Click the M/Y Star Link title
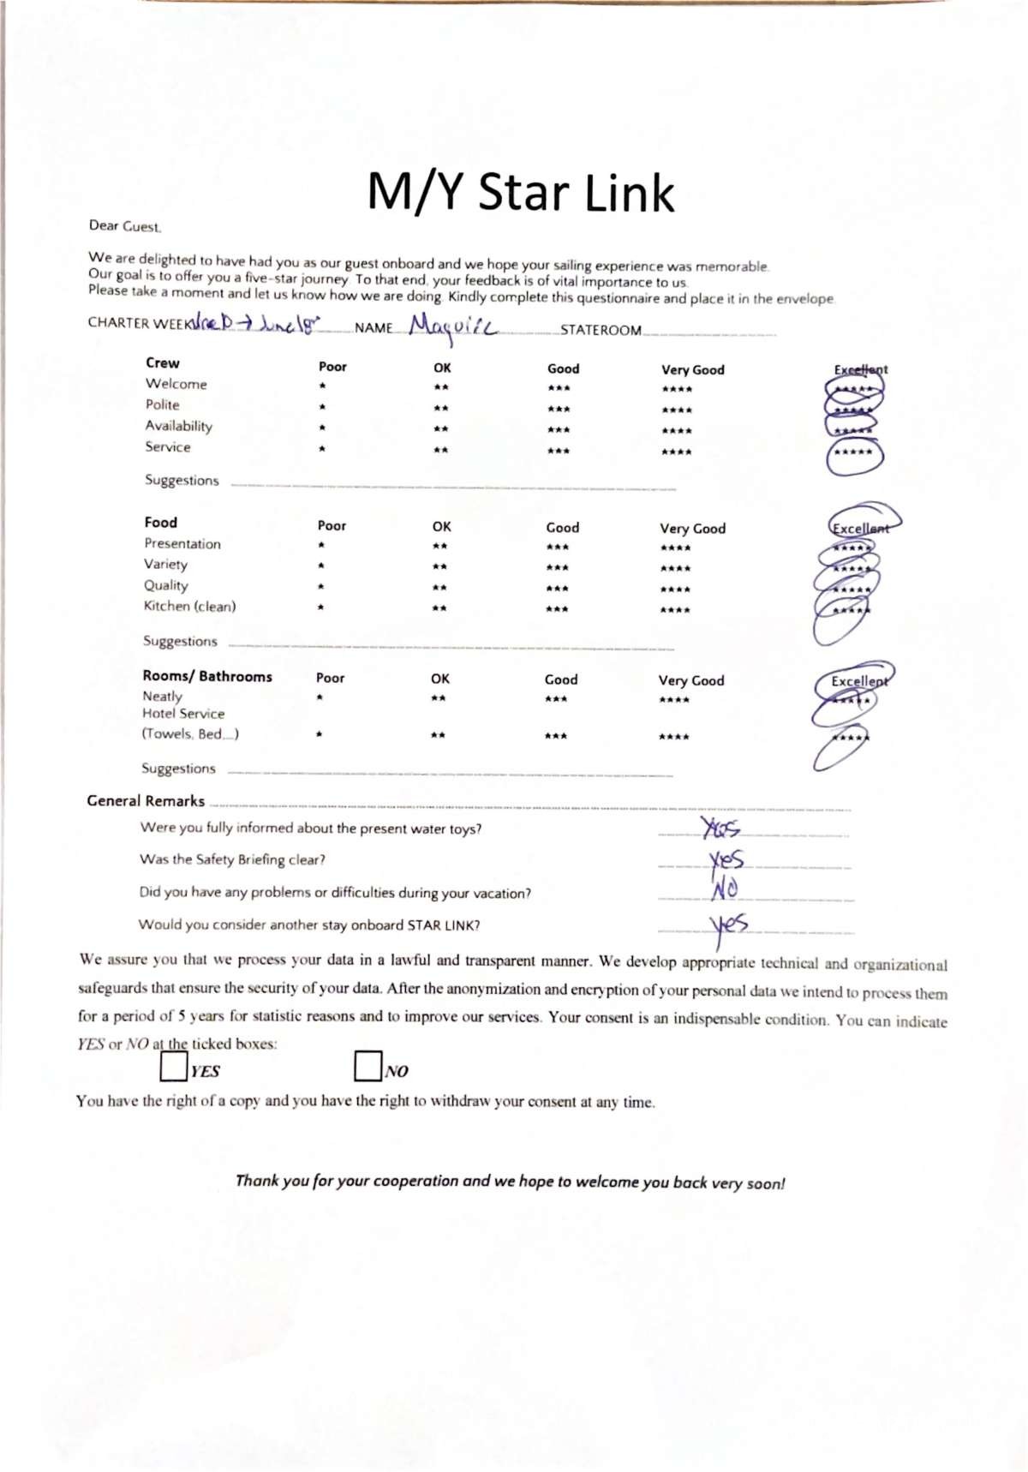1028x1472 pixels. point(520,192)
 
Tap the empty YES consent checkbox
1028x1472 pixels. point(173,1067)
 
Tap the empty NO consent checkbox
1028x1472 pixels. point(368,1067)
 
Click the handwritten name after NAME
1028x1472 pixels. point(452,327)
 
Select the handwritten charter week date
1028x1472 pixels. point(255,324)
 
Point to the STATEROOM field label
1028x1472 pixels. point(601,331)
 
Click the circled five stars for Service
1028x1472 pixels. point(854,453)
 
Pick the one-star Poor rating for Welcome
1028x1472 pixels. point(322,386)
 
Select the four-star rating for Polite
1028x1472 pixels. point(676,410)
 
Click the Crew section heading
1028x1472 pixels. point(163,363)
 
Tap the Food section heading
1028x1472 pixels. point(161,523)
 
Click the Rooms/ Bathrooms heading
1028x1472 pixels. point(207,676)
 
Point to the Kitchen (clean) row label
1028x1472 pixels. point(189,607)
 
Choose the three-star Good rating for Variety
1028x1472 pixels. point(557,567)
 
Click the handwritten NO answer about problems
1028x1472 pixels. point(725,890)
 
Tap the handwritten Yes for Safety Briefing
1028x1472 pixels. point(726,859)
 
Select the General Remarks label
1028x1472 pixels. point(146,801)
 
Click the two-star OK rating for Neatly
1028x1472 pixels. point(438,699)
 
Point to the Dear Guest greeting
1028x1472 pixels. point(125,226)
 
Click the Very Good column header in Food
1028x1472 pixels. point(692,529)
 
